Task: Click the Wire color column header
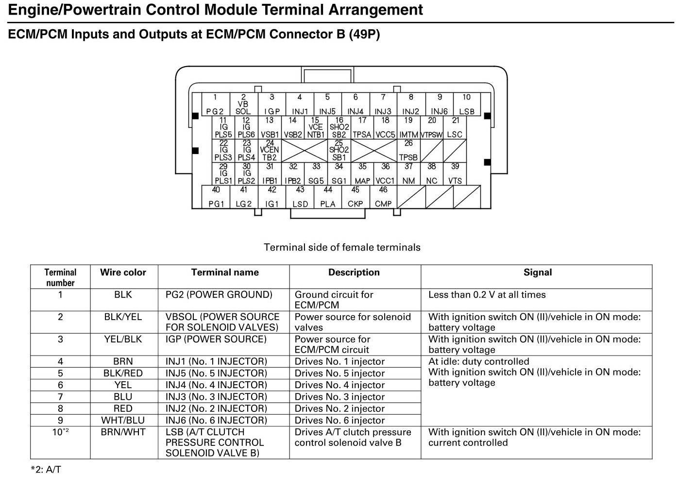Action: coord(123,273)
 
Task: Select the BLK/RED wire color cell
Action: coord(123,373)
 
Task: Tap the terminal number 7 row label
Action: coord(60,397)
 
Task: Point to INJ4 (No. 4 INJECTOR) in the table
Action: coord(216,385)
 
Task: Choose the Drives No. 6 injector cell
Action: coord(339,420)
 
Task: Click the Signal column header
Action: coord(537,273)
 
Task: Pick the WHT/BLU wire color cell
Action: coord(123,420)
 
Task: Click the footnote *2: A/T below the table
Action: coord(46,469)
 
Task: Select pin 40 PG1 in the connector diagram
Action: coord(216,197)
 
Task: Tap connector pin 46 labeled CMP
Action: coord(383,197)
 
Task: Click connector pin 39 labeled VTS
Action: coord(455,174)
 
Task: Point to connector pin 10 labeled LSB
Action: coord(467,104)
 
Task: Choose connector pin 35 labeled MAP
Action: coord(362,174)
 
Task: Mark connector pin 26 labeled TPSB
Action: coord(408,151)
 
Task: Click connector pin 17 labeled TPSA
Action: coord(362,127)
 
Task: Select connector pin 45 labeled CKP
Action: coord(356,197)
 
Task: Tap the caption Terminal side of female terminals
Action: coord(342,247)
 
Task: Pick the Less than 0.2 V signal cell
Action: coord(487,295)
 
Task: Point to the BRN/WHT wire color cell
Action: coord(123,432)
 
